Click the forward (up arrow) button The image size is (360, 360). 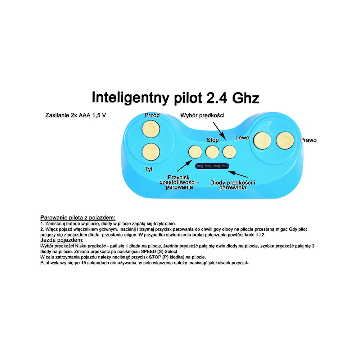tap(151, 129)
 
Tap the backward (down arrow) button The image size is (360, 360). tap(151, 152)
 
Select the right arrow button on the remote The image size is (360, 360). tap(285, 140)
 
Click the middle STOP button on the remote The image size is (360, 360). tap(212, 152)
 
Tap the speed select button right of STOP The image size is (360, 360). tap(229, 152)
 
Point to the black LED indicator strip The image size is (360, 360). tap(212, 166)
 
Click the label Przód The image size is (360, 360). tap(152, 115)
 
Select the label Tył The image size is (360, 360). tap(149, 169)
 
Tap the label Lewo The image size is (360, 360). tap(242, 138)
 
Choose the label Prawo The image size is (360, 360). tap(309, 140)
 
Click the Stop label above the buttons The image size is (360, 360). tap(213, 140)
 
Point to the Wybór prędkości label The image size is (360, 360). tap(202, 115)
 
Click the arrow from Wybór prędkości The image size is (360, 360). tap(219, 130)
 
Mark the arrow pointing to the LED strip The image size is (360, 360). tap(237, 174)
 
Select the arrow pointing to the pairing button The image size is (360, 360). tap(185, 166)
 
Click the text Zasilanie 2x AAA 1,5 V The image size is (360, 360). tap(76, 115)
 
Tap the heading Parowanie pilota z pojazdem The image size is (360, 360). tap(78, 217)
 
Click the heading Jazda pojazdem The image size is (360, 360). tap(62, 240)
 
